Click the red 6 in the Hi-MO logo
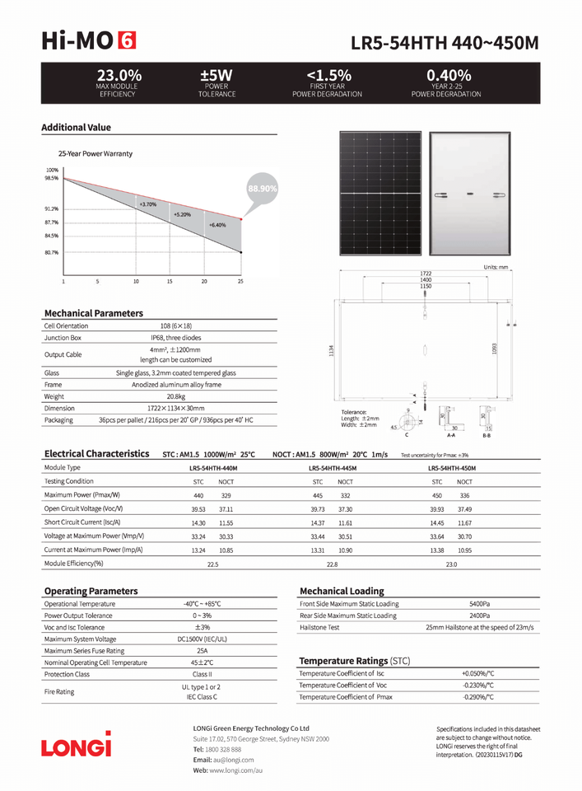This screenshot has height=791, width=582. [x=128, y=40]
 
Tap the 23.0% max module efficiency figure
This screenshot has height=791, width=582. [x=119, y=75]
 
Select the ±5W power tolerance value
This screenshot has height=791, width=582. [x=217, y=75]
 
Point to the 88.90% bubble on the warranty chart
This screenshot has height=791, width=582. [x=262, y=189]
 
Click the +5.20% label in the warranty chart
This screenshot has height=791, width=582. [x=182, y=214]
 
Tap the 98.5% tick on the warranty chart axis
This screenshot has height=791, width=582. [x=52, y=178]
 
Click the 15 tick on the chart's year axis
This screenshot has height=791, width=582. [x=170, y=281]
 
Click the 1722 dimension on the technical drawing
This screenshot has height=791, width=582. [x=426, y=273]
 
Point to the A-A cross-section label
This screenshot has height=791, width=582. [x=450, y=434]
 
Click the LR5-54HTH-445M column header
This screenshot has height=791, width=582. [x=333, y=468]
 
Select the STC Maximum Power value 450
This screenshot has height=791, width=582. [x=437, y=496]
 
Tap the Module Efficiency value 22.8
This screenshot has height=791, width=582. [x=332, y=564]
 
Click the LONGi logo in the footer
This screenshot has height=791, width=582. [x=77, y=746]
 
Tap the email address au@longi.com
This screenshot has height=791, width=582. [x=234, y=760]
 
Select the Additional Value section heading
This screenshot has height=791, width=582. [x=76, y=128]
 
